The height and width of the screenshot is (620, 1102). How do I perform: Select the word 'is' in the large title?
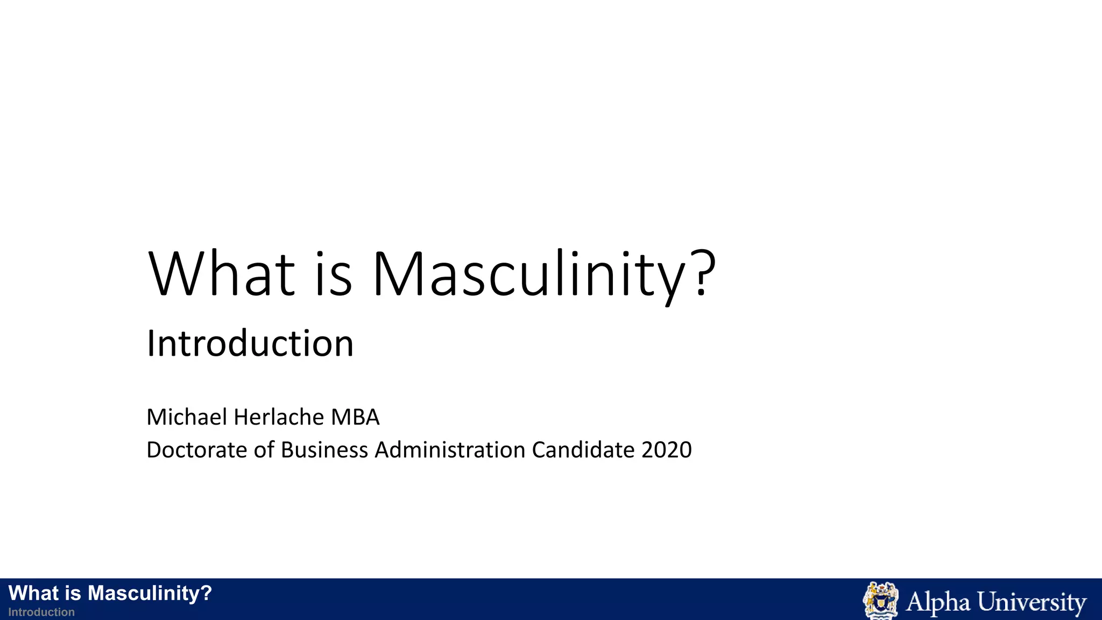point(334,274)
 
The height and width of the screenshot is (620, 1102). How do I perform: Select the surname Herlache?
point(279,417)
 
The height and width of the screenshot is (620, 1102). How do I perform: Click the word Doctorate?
point(197,450)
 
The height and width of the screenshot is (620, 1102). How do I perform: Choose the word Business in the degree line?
point(324,450)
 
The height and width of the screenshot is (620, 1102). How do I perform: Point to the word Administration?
point(450,450)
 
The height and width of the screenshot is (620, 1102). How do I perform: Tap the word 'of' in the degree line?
point(264,450)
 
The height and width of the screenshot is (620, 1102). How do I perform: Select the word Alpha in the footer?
point(937,602)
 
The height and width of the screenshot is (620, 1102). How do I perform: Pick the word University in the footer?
point(1032,602)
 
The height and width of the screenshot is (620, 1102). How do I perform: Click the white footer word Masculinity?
point(150,593)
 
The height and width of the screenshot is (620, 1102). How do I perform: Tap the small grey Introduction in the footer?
point(41,612)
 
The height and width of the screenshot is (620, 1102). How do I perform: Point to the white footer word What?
point(33,593)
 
